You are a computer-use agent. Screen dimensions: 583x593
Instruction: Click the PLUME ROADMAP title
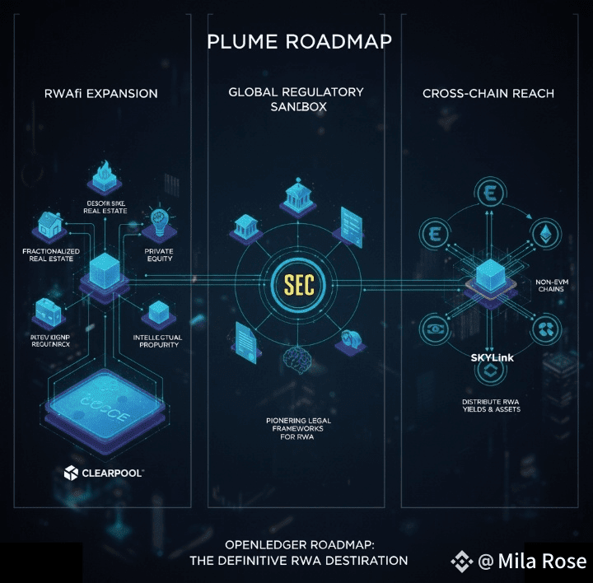pyautogui.click(x=297, y=40)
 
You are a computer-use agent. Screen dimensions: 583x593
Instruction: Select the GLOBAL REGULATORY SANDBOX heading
pyautogui.click(x=296, y=100)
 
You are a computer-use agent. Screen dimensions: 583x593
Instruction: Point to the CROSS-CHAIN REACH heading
pyautogui.click(x=488, y=93)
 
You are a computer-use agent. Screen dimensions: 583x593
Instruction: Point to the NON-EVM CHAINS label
pyautogui.click(x=552, y=285)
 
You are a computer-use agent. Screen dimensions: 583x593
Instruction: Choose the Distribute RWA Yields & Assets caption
pyautogui.click(x=491, y=405)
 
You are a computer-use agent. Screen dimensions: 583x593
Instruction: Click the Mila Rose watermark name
pyautogui.click(x=543, y=562)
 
